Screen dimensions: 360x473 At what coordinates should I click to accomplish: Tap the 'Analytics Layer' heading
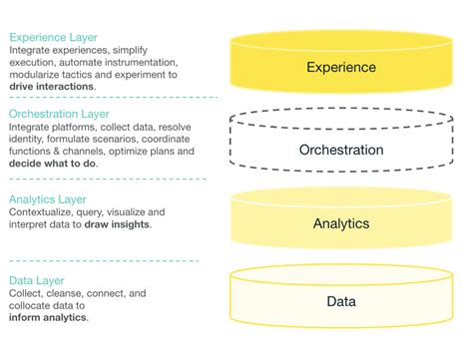pyautogui.click(x=47, y=198)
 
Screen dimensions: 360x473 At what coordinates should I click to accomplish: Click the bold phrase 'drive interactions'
pyautogui.click(x=52, y=86)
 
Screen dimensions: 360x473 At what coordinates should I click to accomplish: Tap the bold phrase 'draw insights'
pyautogui.click(x=122, y=224)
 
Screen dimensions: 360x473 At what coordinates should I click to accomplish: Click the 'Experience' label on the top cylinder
pyautogui.click(x=341, y=68)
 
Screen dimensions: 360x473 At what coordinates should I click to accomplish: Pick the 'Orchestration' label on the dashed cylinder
pyautogui.click(x=341, y=151)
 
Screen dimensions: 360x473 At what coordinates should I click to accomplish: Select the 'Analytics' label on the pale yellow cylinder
pyautogui.click(x=341, y=224)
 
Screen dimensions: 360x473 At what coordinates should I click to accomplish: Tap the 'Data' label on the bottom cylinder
pyautogui.click(x=341, y=301)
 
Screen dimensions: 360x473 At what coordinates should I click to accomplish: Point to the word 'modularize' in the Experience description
pyautogui.click(x=35, y=73)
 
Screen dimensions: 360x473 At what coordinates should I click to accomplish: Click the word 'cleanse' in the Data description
pyautogui.click(x=78, y=294)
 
